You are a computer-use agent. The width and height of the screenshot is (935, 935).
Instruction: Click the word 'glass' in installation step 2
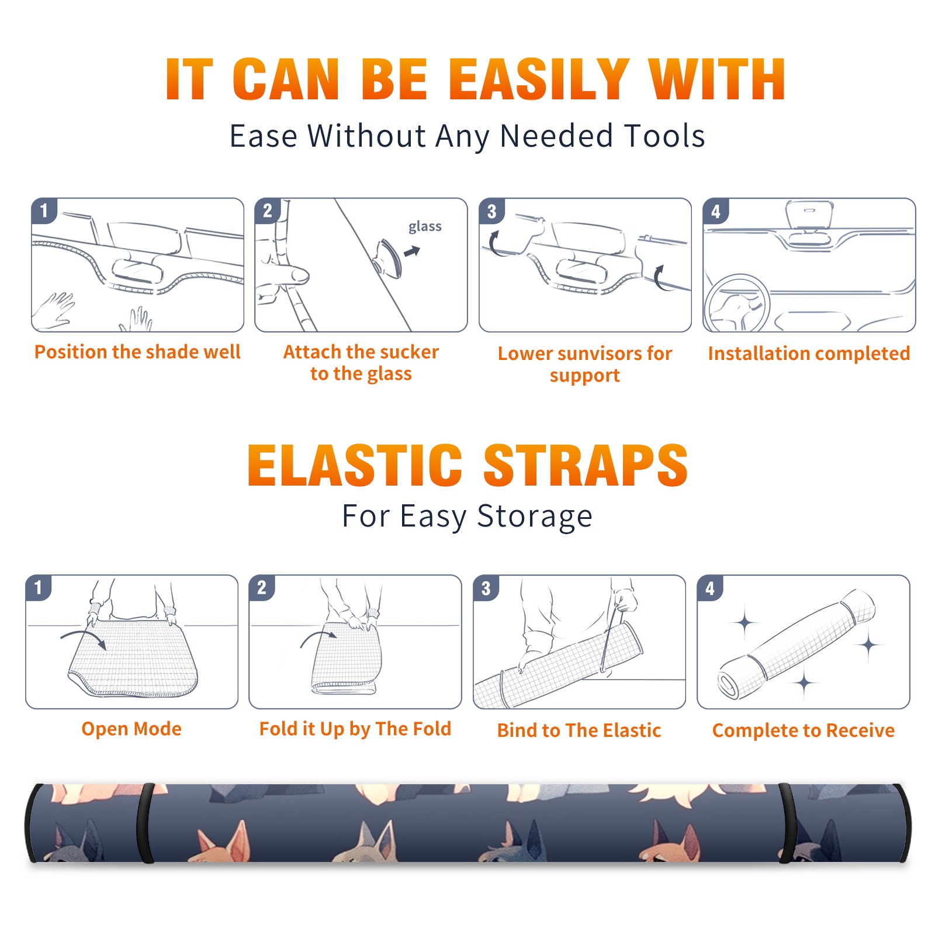click(x=425, y=227)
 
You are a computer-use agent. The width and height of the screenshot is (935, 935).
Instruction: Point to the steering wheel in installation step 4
click(x=736, y=303)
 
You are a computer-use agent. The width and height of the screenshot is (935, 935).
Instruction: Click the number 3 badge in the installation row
click(x=491, y=211)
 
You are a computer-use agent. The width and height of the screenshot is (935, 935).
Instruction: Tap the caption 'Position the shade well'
click(x=137, y=352)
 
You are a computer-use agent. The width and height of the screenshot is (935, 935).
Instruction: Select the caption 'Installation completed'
click(x=809, y=353)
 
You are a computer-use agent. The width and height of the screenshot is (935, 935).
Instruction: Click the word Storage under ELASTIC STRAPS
click(x=535, y=517)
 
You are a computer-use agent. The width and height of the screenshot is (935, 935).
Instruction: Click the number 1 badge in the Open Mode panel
click(x=38, y=588)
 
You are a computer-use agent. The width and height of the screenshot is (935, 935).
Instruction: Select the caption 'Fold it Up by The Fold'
click(x=355, y=729)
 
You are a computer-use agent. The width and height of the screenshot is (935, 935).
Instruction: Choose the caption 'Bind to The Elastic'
click(x=579, y=730)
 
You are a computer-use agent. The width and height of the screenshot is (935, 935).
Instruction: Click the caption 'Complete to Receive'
click(x=804, y=730)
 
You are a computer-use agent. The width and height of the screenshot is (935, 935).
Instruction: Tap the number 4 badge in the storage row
click(x=710, y=588)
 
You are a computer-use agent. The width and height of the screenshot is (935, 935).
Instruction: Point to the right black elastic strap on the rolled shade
click(x=785, y=823)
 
